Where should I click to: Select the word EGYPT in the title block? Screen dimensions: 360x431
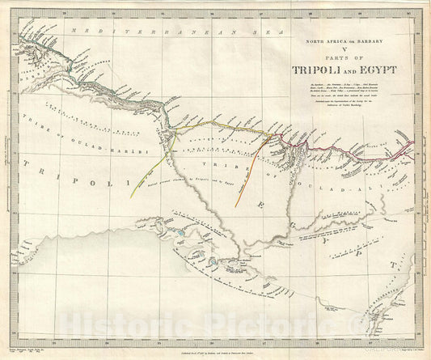(x=378, y=70)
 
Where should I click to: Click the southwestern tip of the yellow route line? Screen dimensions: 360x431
(x=131, y=197)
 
